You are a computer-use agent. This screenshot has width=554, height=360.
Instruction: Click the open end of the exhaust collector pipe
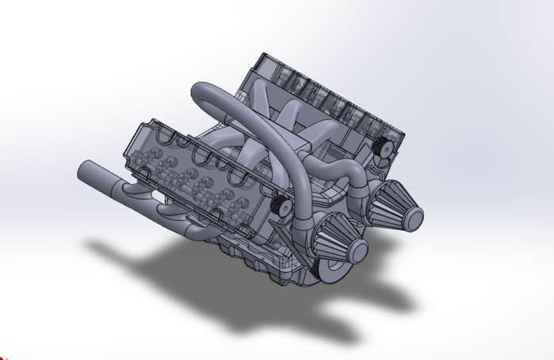coord(84,171)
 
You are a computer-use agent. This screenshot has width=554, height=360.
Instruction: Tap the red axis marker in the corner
coord(3,356)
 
